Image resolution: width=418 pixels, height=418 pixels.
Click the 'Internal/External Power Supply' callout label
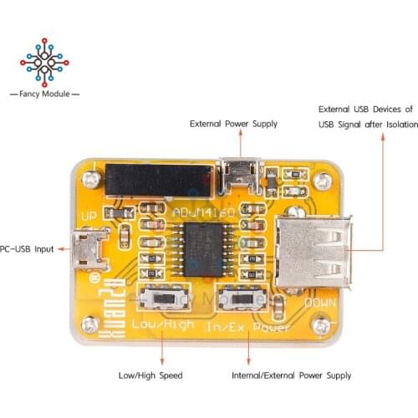pos(292,375)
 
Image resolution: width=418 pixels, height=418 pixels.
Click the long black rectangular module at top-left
pos(157,178)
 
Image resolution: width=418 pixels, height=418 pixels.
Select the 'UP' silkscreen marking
pos(89,217)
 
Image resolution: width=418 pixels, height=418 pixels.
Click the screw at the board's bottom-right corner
pos(319,325)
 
